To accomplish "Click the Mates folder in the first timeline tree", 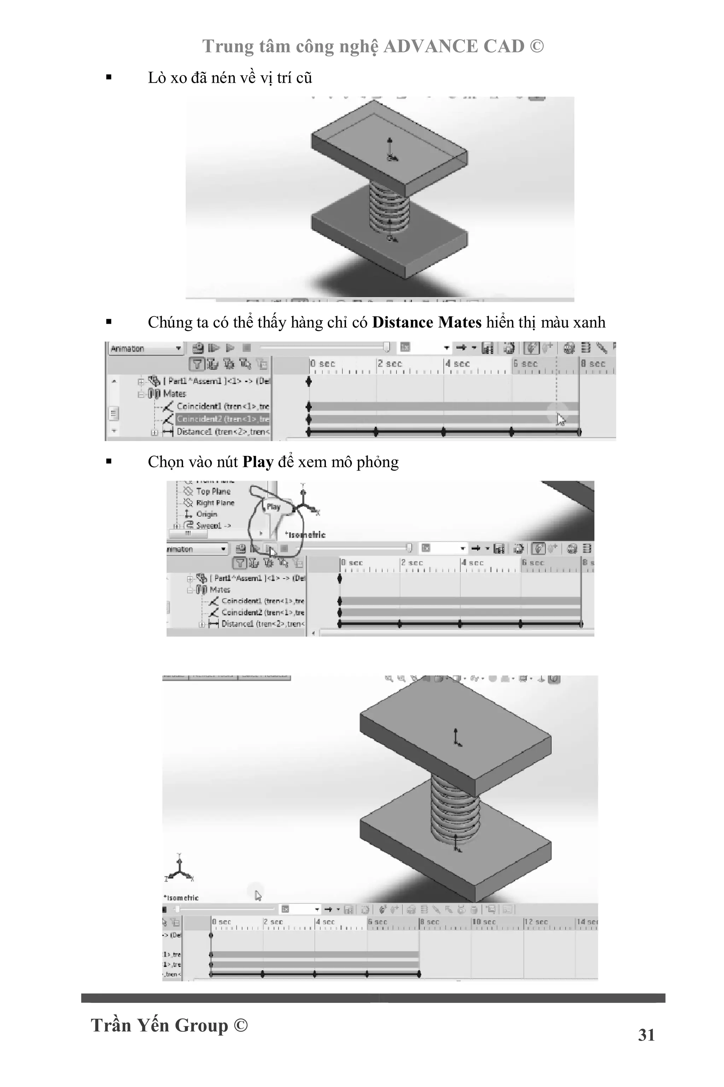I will [x=174, y=394].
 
